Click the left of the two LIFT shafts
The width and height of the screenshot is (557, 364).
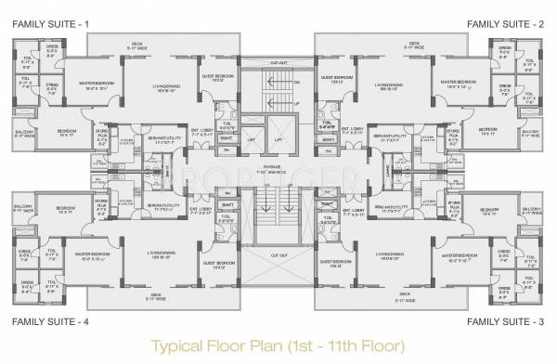click(251, 141)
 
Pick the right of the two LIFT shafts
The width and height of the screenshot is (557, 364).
click(278, 141)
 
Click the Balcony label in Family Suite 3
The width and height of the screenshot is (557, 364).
click(531, 211)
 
